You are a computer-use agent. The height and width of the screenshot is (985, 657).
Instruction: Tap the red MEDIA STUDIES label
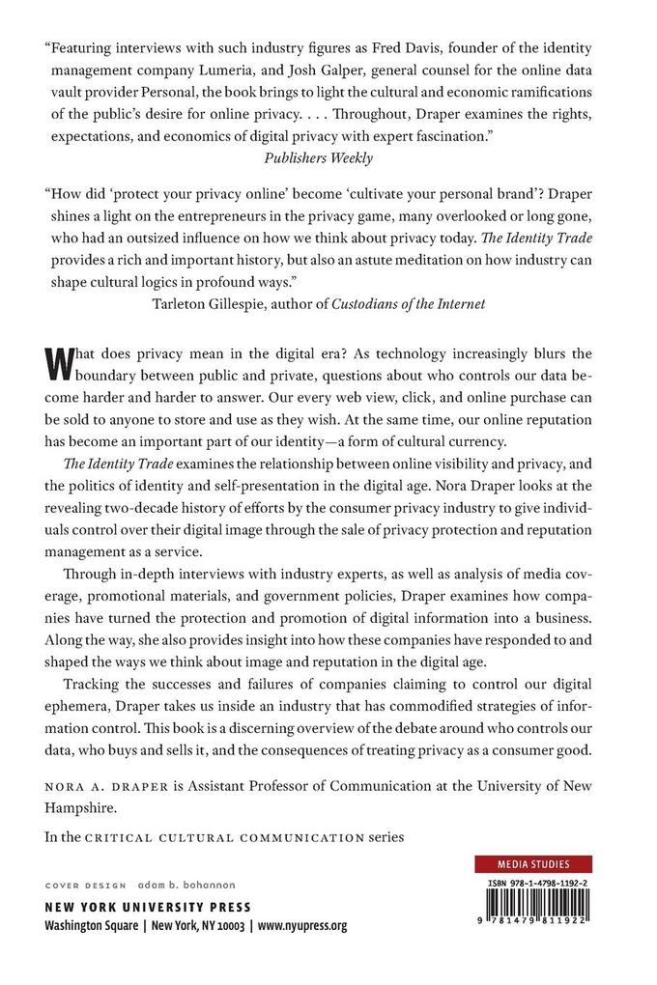tap(533, 864)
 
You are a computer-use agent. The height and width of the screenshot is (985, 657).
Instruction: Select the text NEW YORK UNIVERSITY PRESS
tap(149, 907)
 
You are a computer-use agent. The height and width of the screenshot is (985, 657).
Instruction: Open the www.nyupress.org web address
tap(301, 926)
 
